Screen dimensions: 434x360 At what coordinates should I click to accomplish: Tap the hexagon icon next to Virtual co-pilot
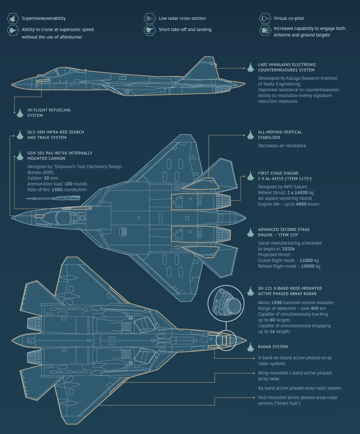(265, 18)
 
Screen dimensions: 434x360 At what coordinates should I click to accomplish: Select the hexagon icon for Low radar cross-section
(149, 18)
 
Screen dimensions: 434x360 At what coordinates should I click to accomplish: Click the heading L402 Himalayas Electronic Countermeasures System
(287, 67)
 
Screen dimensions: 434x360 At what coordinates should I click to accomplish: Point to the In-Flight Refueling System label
(49, 113)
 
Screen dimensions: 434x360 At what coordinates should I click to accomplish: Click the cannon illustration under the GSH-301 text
(53, 198)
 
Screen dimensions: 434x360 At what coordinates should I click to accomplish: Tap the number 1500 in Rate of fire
(58, 190)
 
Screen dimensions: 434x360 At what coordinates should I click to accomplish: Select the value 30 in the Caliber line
(47, 178)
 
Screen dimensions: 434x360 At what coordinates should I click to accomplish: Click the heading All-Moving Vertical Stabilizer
(280, 135)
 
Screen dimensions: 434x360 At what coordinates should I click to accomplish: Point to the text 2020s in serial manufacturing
(288, 249)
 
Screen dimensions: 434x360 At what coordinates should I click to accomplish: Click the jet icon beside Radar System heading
(251, 347)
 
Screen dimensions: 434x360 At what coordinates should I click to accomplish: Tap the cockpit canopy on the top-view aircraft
(63, 218)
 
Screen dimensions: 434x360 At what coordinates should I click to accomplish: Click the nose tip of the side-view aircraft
(12, 85)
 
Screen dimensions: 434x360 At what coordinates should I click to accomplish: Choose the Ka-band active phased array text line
(299, 388)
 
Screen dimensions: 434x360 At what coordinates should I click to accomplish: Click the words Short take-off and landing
(185, 30)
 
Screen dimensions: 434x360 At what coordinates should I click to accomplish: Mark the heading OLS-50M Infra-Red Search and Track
(56, 135)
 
